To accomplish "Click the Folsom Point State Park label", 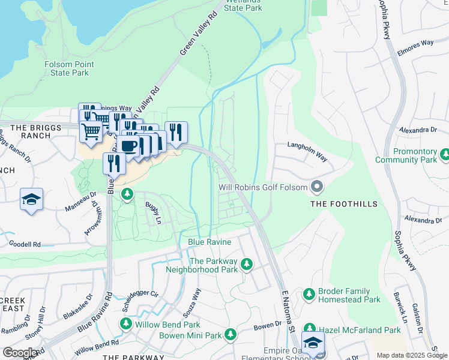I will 67,68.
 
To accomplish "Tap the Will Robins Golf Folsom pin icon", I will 316,187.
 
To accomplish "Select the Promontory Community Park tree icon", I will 445,155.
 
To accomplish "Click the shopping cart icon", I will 91,130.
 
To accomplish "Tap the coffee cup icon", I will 128,145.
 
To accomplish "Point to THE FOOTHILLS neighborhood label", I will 344,204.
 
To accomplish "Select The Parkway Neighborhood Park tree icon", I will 246,264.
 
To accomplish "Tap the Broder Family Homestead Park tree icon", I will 309,294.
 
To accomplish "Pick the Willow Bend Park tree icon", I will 125,324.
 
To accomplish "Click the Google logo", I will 20,353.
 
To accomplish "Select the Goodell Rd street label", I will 25,244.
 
